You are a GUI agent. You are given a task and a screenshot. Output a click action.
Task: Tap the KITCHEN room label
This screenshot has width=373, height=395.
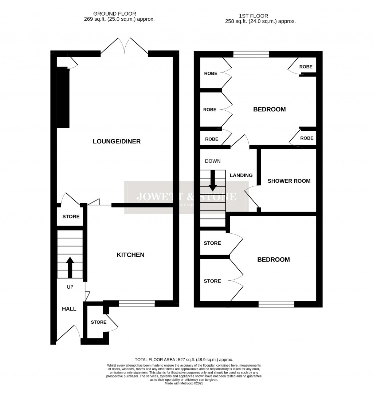(x=130, y=255)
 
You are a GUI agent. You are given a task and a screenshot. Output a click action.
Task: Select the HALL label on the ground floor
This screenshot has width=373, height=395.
(x=69, y=309)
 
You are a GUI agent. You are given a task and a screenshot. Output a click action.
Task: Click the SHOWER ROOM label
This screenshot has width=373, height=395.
(x=289, y=181)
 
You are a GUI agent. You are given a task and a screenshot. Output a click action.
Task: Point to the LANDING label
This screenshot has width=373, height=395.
(x=241, y=175)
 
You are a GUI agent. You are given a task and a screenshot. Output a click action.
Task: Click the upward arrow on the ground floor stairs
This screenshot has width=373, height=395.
(x=70, y=267)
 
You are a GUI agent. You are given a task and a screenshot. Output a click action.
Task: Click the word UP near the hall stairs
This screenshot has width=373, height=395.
(x=70, y=287)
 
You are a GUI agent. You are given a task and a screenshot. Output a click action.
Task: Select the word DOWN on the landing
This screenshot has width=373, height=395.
(x=213, y=161)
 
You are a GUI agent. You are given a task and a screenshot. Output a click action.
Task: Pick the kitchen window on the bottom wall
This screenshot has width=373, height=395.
(x=137, y=303)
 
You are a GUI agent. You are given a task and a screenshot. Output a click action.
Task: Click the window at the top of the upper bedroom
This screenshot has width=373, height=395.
(x=251, y=54)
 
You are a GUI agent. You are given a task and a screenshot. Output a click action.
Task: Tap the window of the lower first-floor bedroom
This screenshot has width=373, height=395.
(x=276, y=304)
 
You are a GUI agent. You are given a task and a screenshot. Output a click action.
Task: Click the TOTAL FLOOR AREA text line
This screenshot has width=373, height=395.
(x=184, y=359)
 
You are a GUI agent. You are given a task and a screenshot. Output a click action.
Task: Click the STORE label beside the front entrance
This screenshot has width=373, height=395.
(x=98, y=322)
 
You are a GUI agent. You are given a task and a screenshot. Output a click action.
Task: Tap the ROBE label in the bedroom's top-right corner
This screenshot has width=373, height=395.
(x=306, y=67)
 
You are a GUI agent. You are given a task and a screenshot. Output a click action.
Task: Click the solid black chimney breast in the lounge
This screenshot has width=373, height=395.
(x=63, y=97)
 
